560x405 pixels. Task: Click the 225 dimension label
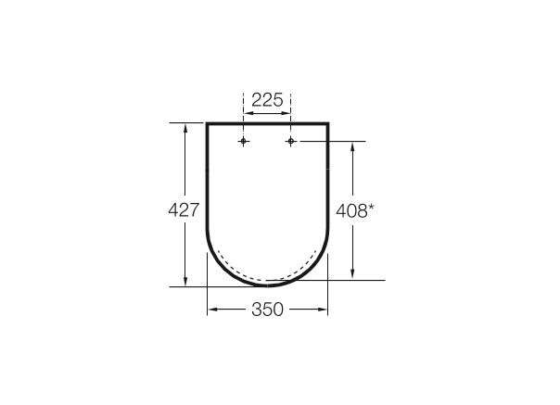pos(267,100)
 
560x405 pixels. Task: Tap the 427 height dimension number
pos(184,210)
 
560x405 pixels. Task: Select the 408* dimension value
pos(355,210)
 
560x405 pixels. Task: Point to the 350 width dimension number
pos(267,310)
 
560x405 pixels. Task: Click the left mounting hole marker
pos(243,142)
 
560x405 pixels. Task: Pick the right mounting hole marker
pos(291,142)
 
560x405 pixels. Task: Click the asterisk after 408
pos(371,208)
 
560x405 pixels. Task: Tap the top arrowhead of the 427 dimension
pos(185,129)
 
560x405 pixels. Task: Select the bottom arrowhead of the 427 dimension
pos(185,281)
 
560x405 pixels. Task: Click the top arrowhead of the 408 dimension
pos(352,147)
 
